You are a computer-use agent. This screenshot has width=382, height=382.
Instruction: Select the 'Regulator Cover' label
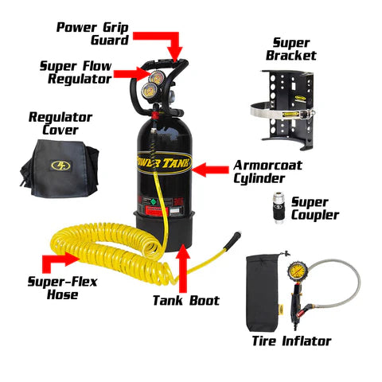tap(60, 123)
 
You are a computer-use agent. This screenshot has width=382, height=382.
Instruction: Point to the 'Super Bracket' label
tap(294, 49)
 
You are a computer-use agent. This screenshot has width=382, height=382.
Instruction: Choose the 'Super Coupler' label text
tap(314, 209)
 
